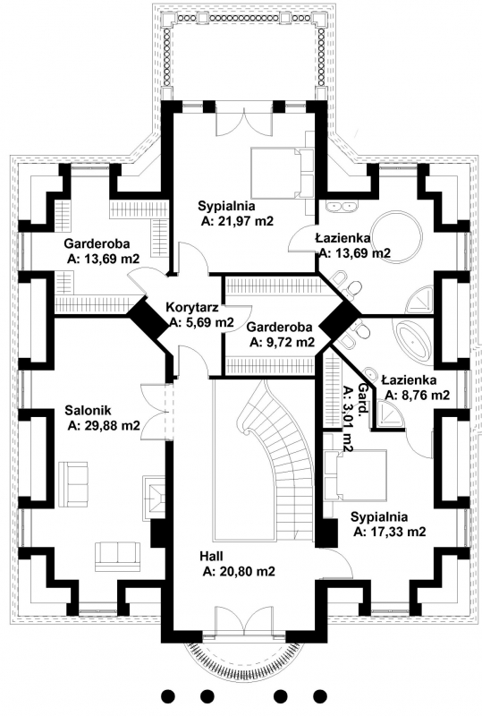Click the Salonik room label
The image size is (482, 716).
(88, 410)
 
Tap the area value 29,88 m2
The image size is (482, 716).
(104, 426)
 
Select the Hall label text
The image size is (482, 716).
(211, 556)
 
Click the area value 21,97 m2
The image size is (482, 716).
(237, 221)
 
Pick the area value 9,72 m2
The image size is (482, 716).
(282, 343)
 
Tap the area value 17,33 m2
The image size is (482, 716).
(390, 532)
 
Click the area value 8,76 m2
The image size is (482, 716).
(417, 395)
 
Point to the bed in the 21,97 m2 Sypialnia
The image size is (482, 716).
(282, 173)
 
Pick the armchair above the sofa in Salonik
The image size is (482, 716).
(73, 484)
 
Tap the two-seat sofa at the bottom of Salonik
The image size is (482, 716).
(117, 557)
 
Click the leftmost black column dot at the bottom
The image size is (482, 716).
(169, 696)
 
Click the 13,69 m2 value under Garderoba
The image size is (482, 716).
(104, 259)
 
